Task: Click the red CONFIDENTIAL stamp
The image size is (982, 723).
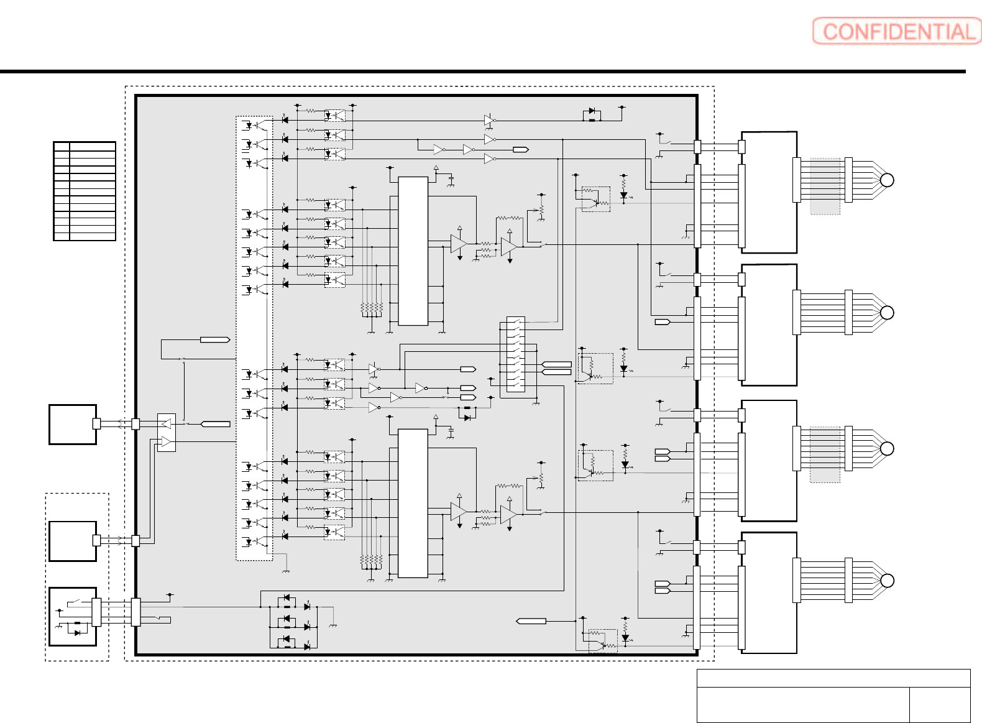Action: coord(896,31)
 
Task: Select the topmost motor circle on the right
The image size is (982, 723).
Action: coord(887,180)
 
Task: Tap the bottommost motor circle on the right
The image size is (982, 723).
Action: coord(887,581)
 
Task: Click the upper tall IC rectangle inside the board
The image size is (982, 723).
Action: coord(413,251)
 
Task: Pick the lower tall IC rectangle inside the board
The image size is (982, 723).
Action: coord(413,504)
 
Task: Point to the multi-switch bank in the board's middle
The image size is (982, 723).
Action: coord(516,354)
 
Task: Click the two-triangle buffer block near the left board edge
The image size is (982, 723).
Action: coord(166,432)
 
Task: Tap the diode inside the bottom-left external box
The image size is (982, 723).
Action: coord(78,633)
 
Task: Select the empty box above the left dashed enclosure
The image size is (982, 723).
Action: coord(72,425)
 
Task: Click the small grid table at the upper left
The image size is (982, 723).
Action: coord(85,191)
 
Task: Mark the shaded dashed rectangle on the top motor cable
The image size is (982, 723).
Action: coord(825,187)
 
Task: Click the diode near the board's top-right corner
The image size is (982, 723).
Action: coord(592,111)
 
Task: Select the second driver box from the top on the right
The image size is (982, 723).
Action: coord(769,325)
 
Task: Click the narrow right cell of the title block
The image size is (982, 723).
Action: coord(940,704)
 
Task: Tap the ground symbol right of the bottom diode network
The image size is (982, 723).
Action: coord(333,625)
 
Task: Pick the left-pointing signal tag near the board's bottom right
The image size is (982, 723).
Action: coord(531,621)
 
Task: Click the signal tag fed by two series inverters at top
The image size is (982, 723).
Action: coord(521,149)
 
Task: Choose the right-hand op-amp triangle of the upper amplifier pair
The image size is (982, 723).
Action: coord(509,246)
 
